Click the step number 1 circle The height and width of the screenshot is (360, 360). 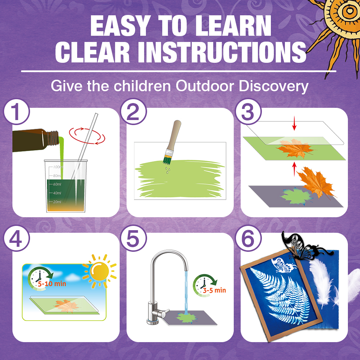point(16,112)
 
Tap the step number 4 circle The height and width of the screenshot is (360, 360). point(16,238)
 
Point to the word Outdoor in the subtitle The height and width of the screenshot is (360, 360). point(205,86)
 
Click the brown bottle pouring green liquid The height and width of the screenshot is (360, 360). point(36,140)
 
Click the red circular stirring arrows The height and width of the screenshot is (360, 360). point(87,136)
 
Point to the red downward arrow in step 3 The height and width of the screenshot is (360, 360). point(294,125)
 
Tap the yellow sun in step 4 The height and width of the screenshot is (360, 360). point(100,271)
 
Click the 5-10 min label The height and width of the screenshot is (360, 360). point(52,284)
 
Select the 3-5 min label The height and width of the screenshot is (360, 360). point(214,291)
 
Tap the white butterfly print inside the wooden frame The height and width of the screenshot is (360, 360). point(284,265)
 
